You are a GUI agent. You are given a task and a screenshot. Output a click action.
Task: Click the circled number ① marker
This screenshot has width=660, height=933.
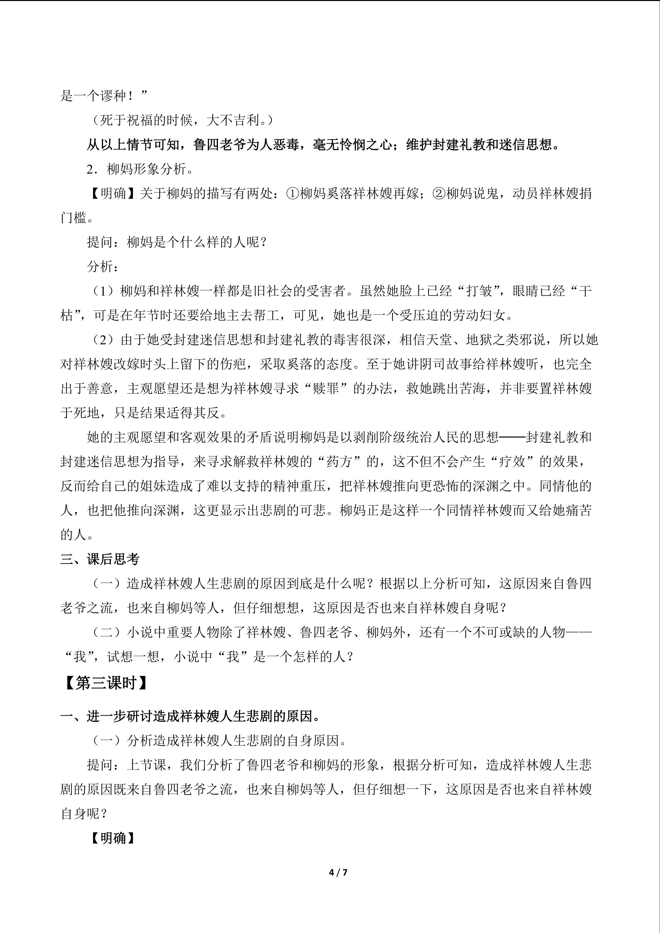click(293, 193)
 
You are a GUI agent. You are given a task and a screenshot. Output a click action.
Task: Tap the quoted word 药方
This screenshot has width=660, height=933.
click(338, 462)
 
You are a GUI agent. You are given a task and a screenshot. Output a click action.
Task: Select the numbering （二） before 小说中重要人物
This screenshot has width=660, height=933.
click(106, 632)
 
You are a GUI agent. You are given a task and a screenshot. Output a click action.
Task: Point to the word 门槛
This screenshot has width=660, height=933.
click(73, 218)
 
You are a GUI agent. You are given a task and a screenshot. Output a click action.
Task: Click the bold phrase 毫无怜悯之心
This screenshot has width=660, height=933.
click(352, 145)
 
